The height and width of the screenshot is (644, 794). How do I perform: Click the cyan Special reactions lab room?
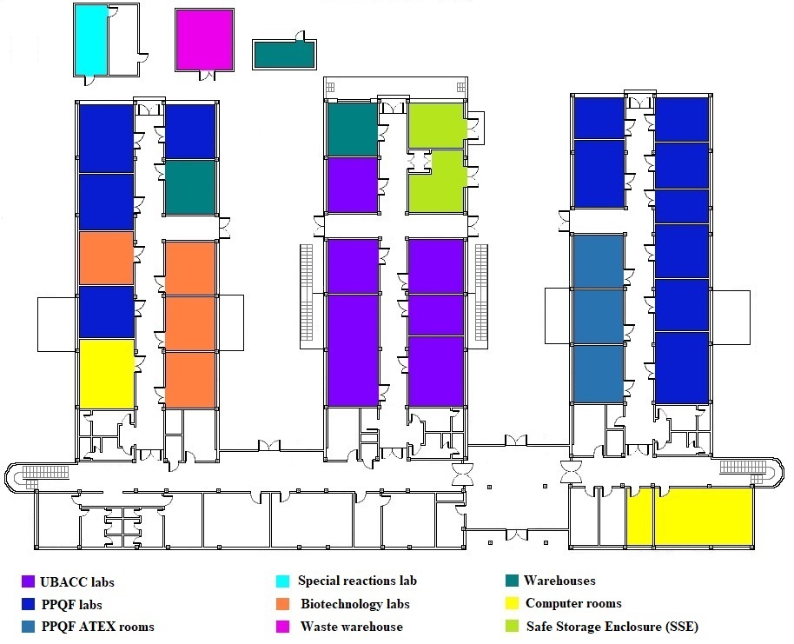click(91, 39)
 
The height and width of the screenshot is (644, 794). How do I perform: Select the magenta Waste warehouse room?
click(204, 40)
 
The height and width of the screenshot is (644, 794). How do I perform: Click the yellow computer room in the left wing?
click(106, 374)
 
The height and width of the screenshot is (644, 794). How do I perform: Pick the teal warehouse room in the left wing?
click(190, 187)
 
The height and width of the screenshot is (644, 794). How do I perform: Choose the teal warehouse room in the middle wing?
click(352, 129)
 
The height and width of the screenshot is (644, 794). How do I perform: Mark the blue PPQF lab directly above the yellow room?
click(106, 311)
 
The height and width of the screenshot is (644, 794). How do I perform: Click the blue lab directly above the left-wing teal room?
click(190, 131)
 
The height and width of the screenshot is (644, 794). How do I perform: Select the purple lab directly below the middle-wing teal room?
click(352, 184)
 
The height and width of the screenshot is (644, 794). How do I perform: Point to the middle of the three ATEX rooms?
click(599, 316)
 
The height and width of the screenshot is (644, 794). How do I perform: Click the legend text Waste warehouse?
click(351, 627)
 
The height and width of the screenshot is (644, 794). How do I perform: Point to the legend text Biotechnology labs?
click(354, 604)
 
